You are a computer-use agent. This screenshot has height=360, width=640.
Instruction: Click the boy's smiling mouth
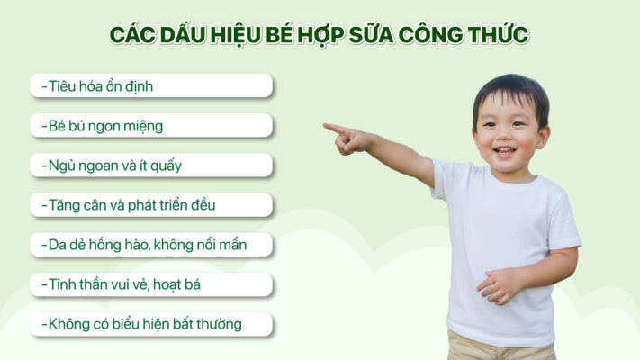pyautogui.click(x=507, y=150)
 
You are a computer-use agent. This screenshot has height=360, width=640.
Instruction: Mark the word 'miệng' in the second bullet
pyautogui.click(x=143, y=126)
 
